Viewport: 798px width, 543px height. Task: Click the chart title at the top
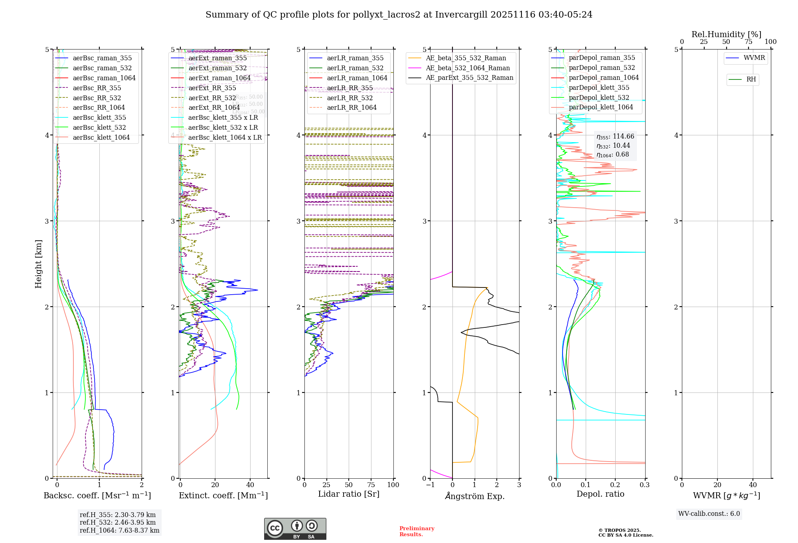(399, 15)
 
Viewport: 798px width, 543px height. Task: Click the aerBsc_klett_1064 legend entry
(101, 137)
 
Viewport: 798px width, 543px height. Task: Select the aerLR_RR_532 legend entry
(350, 98)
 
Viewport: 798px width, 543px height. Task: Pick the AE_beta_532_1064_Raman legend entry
(468, 68)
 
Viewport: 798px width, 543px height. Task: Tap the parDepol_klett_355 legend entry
(598, 87)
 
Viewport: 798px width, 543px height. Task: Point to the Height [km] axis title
(38, 264)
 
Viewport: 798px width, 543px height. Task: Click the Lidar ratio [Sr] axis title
(348, 494)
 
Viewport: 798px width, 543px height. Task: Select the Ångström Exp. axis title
(474, 496)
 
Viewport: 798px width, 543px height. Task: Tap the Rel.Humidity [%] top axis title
(726, 34)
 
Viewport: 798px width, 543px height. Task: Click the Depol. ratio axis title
(600, 494)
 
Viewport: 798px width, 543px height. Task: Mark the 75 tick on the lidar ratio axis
(371, 485)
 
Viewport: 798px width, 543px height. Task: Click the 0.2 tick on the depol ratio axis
(615, 485)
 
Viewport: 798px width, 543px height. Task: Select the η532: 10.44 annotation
(613, 146)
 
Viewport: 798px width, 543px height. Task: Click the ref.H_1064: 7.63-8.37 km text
(119, 530)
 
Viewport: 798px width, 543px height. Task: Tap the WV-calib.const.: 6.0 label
(709, 514)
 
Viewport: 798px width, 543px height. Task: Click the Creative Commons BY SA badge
(295, 529)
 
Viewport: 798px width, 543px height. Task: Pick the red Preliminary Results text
(417, 531)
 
